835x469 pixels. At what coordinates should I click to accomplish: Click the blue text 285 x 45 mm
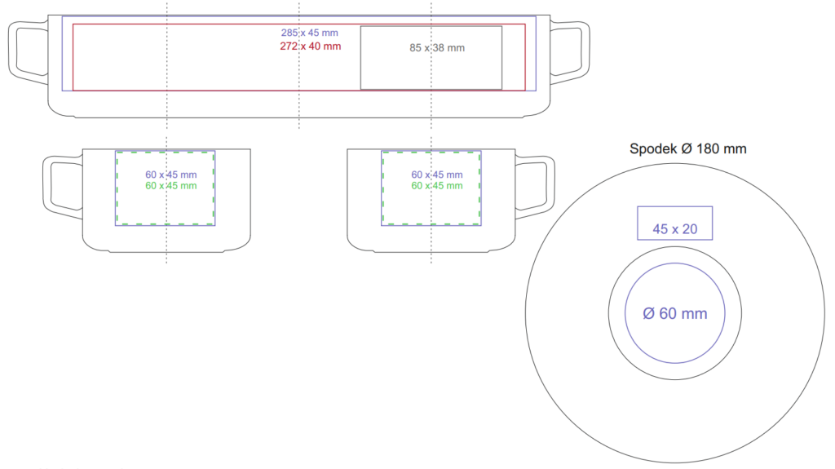coord(309,33)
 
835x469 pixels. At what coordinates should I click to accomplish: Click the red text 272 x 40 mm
coord(311,46)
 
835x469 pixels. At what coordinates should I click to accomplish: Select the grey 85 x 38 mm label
coord(437,48)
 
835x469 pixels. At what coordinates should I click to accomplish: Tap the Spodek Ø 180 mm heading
coord(688,148)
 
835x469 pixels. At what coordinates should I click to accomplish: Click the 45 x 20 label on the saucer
coord(674,229)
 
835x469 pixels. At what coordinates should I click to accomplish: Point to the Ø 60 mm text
coord(674,313)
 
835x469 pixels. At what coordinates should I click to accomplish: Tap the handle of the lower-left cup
coord(46,188)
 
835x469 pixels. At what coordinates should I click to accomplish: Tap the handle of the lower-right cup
coord(550,188)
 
